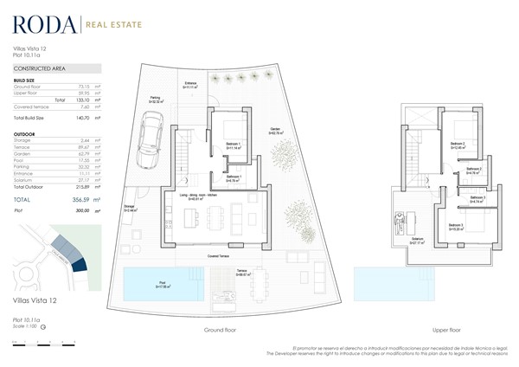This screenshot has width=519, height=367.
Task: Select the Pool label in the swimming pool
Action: [162, 283]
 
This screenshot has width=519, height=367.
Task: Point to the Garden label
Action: [276, 131]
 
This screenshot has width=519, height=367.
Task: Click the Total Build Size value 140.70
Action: [83, 116]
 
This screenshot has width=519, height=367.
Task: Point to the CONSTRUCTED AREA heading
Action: [39, 68]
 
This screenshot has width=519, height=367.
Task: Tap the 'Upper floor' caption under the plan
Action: [445, 331]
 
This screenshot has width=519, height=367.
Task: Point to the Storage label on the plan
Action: [130, 209]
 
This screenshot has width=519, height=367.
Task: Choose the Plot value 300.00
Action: [81, 210]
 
